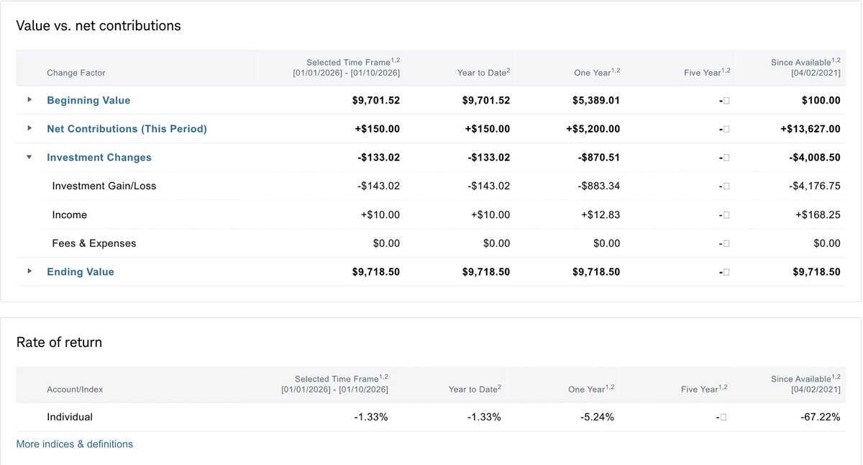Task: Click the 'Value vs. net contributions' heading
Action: pos(99,26)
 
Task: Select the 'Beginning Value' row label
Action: pos(88,100)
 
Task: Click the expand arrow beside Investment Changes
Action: pos(29,157)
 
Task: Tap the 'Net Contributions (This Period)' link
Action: pos(127,129)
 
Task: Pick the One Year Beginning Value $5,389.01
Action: pos(595,100)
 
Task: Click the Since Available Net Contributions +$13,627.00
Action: pos(810,129)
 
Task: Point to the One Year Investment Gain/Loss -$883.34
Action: pos(598,186)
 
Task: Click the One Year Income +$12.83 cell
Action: pos(601,215)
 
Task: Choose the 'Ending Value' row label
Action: pos(81,271)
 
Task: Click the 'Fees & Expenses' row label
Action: pos(93,243)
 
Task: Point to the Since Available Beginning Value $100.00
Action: pos(821,100)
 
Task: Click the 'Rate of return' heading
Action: pos(59,343)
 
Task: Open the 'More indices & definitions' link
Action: pos(74,444)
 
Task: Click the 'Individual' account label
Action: pos(70,417)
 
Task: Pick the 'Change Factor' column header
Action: pos(76,73)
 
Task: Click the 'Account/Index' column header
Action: pos(75,389)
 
